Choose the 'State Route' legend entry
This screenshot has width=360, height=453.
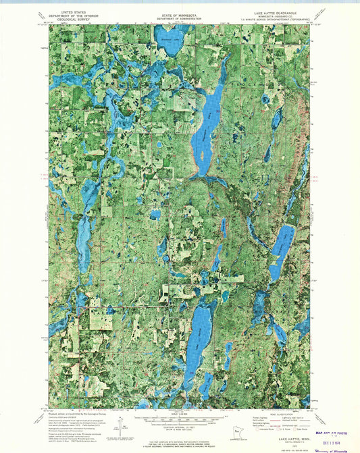click(301, 428)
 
